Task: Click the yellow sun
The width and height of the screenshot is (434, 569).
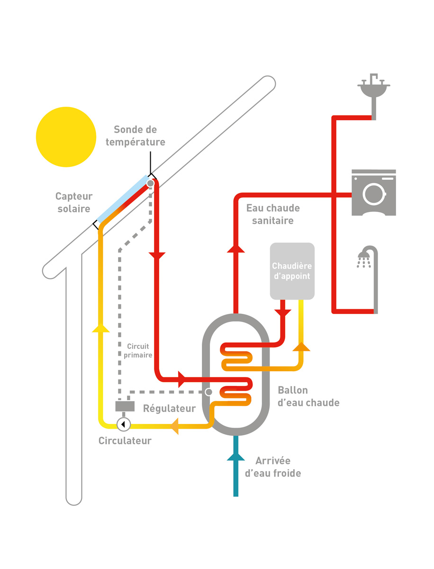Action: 66,137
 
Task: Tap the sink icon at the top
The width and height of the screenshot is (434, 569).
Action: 374,88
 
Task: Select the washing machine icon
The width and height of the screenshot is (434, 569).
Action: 373,193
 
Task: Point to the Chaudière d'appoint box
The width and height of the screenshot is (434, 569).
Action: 292,271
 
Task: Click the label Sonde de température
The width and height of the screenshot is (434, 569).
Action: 135,136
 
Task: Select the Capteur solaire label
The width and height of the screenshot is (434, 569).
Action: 74,202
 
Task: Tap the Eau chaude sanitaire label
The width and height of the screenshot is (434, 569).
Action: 273,214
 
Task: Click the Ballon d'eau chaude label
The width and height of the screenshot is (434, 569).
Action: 308,396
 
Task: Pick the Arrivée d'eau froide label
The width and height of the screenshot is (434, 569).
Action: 273,467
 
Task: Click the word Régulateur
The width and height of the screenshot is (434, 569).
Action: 169,408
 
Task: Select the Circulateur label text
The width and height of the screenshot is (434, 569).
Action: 125,441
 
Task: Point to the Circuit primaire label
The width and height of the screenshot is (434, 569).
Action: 140,350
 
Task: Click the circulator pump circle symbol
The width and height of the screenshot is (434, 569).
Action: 123,424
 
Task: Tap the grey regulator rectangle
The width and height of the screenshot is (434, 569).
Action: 125,406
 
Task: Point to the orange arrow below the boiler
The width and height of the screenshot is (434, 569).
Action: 301,347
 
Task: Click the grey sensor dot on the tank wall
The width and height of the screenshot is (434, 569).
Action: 208,392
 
